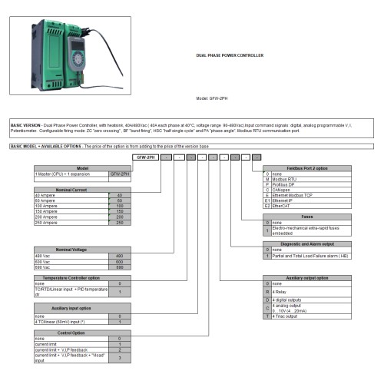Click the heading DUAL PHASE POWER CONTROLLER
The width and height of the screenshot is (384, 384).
(x=230, y=56)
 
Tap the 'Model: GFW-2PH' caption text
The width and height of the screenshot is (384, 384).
(x=214, y=98)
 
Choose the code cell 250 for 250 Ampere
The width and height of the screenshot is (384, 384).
(x=119, y=222)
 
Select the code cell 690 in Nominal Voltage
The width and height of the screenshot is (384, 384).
(x=119, y=266)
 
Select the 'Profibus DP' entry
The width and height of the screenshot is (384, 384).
(x=289, y=185)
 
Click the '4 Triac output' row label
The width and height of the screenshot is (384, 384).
(x=289, y=316)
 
